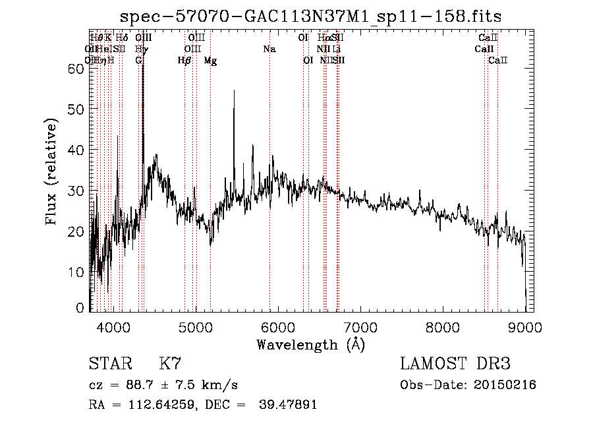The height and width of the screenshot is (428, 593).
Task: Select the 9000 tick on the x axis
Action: [x=525, y=326]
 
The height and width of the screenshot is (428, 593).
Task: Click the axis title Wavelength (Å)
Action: [x=310, y=344]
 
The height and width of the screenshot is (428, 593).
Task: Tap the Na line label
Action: [x=269, y=49]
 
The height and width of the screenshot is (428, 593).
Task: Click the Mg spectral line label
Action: [x=210, y=60]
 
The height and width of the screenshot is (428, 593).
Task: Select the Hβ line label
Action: [x=184, y=60]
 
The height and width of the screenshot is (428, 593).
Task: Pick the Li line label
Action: [x=336, y=49]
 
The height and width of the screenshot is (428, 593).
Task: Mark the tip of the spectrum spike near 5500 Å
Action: [x=234, y=90]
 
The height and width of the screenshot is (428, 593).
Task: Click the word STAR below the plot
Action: [x=107, y=363]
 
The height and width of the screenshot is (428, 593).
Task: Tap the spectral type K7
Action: [x=170, y=363]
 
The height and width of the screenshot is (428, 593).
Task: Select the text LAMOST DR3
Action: [x=455, y=363]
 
